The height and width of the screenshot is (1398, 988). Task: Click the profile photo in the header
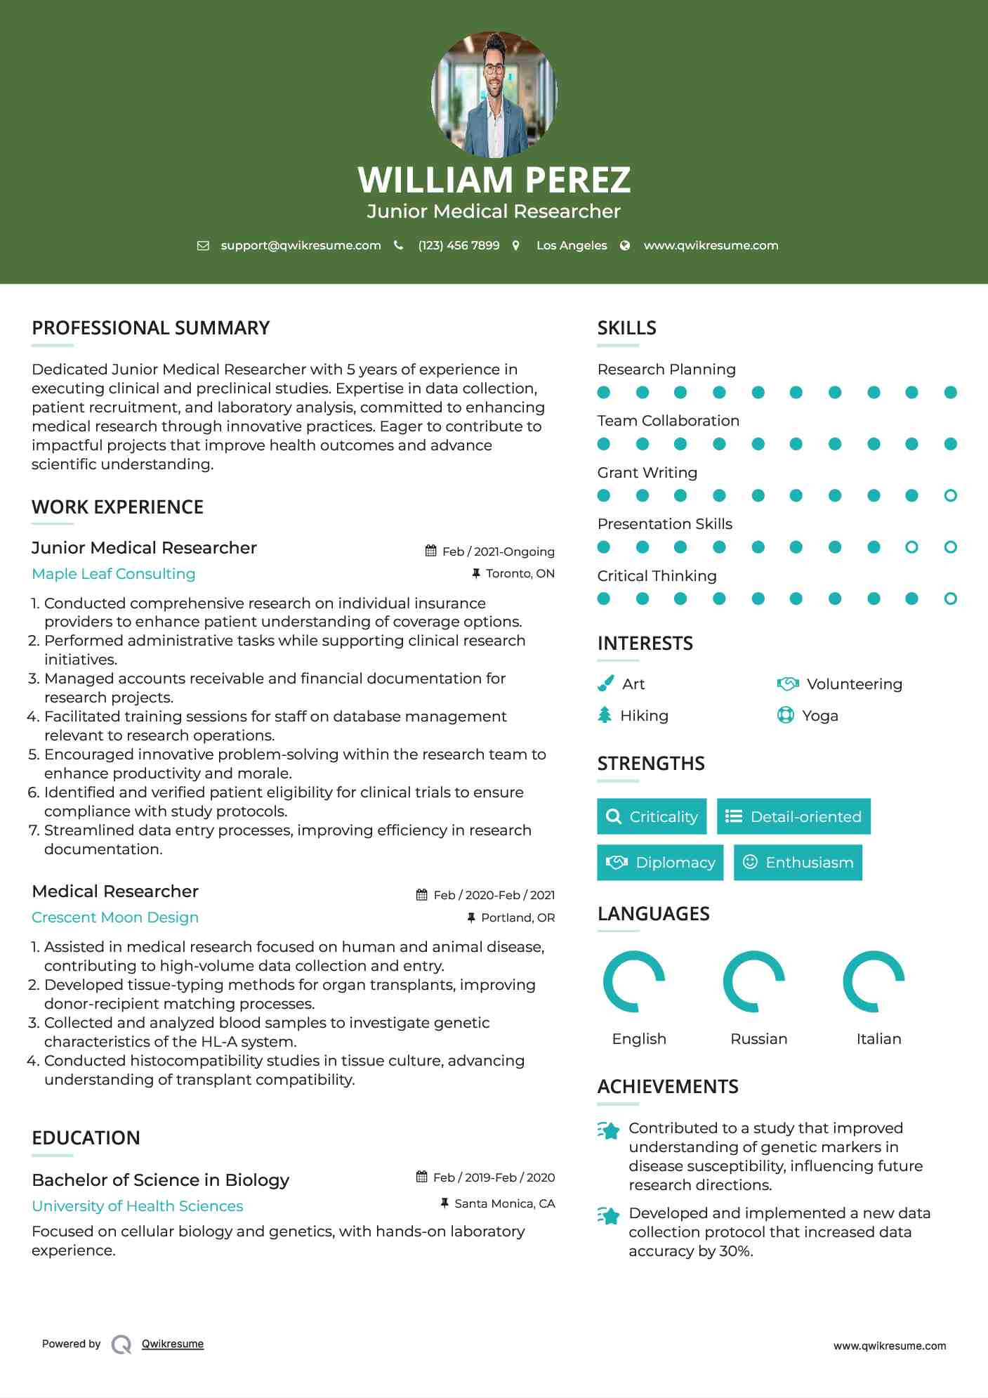494,94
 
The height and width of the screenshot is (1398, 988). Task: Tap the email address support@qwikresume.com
301,245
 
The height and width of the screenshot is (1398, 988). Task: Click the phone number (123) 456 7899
459,245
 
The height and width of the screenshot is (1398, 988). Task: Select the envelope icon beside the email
203,246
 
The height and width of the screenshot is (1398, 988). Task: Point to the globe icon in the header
625,245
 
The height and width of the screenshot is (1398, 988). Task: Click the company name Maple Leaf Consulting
114,574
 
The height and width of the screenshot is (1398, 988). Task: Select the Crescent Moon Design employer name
115,917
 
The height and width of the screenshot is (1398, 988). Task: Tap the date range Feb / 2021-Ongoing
498,551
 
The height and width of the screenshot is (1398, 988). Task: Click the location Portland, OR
518,917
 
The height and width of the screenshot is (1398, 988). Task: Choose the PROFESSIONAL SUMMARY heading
151,328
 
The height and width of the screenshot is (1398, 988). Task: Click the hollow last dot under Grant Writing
950,496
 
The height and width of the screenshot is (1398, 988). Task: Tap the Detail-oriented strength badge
793,816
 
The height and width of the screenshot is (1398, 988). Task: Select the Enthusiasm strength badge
798,863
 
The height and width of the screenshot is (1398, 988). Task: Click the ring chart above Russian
754,981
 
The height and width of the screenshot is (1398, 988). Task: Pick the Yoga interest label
820,716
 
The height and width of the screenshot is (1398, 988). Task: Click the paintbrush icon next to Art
605,684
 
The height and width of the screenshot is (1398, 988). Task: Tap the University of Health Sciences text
138,1206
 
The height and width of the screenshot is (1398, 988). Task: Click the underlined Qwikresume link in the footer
173,1344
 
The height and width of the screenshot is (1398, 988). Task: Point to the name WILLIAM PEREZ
494,180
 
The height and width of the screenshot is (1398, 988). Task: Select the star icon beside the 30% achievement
608,1215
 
